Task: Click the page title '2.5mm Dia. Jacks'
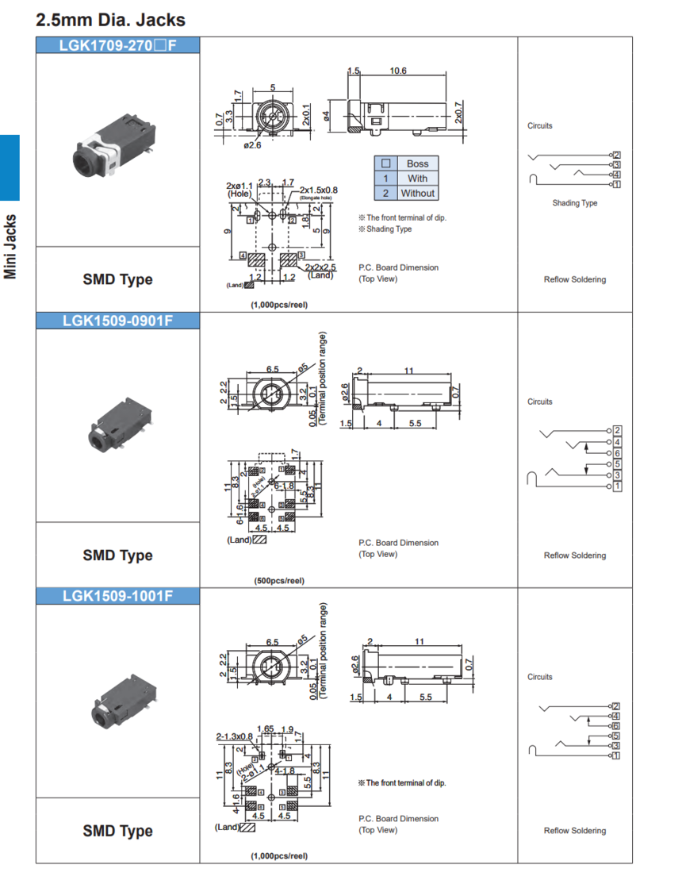pyautogui.click(x=110, y=18)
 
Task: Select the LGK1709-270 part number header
pyautogui.click(x=117, y=46)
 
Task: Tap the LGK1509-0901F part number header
pyautogui.click(x=117, y=321)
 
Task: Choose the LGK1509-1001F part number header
pyautogui.click(x=117, y=597)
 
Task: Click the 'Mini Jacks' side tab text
pyautogui.click(x=10, y=247)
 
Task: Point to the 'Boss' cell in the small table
pyautogui.click(x=417, y=164)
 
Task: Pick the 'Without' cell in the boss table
pyautogui.click(x=417, y=193)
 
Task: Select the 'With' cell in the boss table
pyautogui.click(x=417, y=179)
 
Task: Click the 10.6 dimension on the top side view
pyautogui.click(x=398, y=71)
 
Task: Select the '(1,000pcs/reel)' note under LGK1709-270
pyautogui.click(x=279, y=305)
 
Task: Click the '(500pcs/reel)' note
pyautogui.click(x=279, y=581)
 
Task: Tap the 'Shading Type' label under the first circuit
pyautogui.click(x=575, y=203)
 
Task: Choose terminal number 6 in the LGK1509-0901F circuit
pyautogui.click(x=617, y=452)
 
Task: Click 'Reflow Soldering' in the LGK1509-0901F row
pyautogui.click(x=574, y=555)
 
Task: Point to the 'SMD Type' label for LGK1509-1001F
pyautogui.click(x=117, y=831)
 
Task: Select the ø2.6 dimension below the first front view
pyautogui.click(x=252, y=145)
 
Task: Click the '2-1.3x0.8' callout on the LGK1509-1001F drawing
pyautogui.click(x=234, y=736)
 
